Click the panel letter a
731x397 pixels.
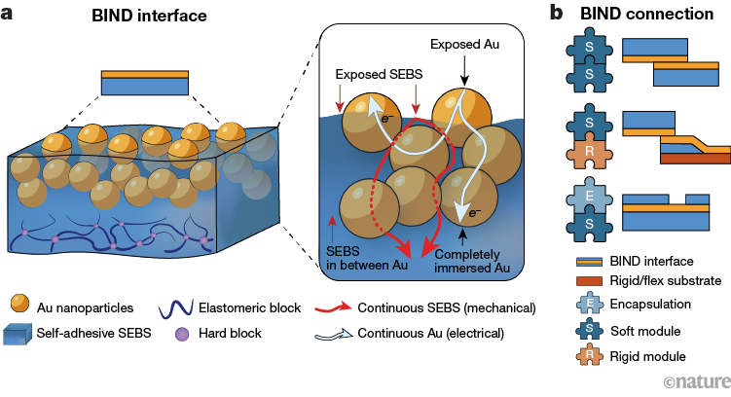coord(8,15)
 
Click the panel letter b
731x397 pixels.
coord(556,15)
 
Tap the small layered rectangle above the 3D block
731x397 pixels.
coord(145,83)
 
